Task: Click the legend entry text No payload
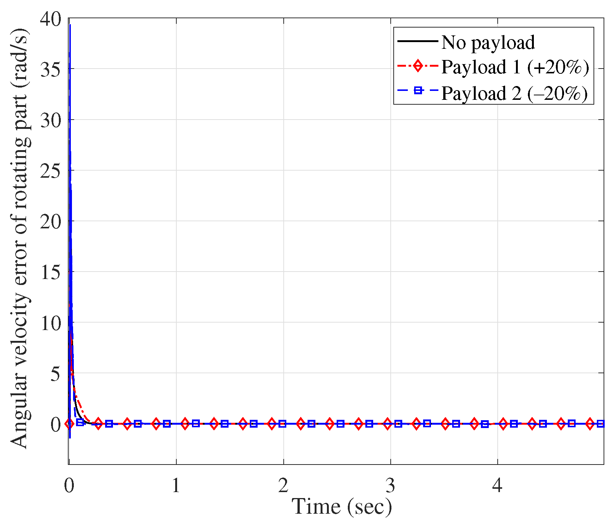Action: click(x=488, y=42)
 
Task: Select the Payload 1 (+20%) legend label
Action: click(x=515, y=67)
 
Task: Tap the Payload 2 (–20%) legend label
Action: click(x=514, y=93)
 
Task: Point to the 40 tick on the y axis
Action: click(x=51, y=19)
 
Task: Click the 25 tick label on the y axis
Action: click(x=51, y=171)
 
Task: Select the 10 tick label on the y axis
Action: click(x=51, y=323)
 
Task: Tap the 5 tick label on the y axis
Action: click(x=56, y=374)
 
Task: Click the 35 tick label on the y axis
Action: click(x=51, y=69)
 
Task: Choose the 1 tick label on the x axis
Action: click(x=176, y=486)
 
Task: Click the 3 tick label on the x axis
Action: click(x=390, y=486)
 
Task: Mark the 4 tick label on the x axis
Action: click(x=497, y=486)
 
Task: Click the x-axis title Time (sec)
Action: click(x=341, y=507)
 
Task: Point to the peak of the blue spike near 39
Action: click(x=70, y=25)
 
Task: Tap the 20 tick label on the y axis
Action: click(x=51, y=221)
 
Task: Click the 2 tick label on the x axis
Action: click(x=283, y=486)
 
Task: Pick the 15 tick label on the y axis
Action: click(x=51, y=272)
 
